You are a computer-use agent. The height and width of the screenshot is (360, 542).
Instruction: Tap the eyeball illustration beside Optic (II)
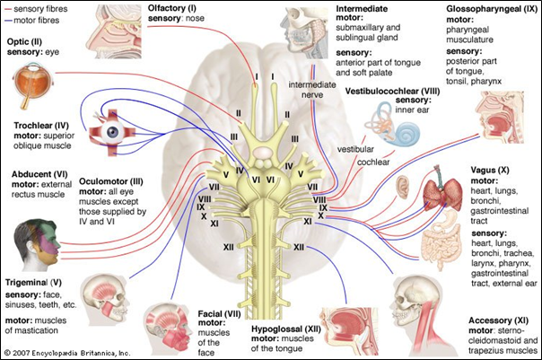34,88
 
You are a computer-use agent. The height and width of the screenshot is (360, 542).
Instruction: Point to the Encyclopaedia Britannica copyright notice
67,353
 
